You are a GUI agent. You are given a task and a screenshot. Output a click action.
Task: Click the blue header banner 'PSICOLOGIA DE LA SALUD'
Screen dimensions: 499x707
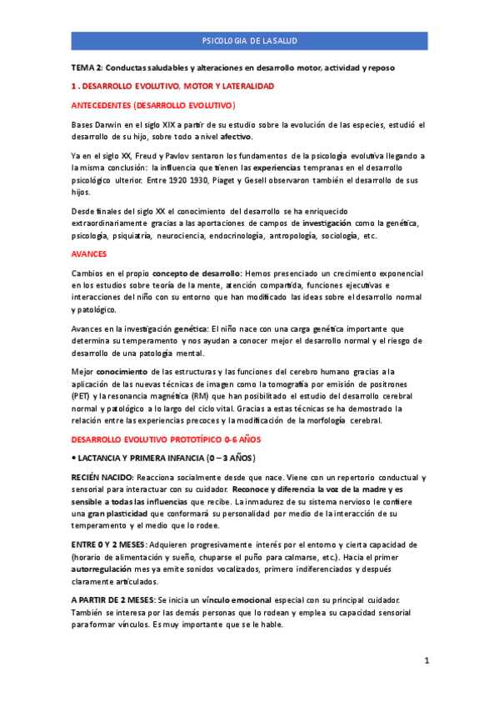click(249, 40)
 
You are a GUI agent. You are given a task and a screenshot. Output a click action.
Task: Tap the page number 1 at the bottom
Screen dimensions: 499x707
click(426, 661)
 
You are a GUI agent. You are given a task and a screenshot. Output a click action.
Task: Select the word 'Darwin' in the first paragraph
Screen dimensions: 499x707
click(108, 124)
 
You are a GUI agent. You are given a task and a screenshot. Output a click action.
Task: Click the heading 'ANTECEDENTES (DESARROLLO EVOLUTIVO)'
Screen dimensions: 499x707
click(153, 105)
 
